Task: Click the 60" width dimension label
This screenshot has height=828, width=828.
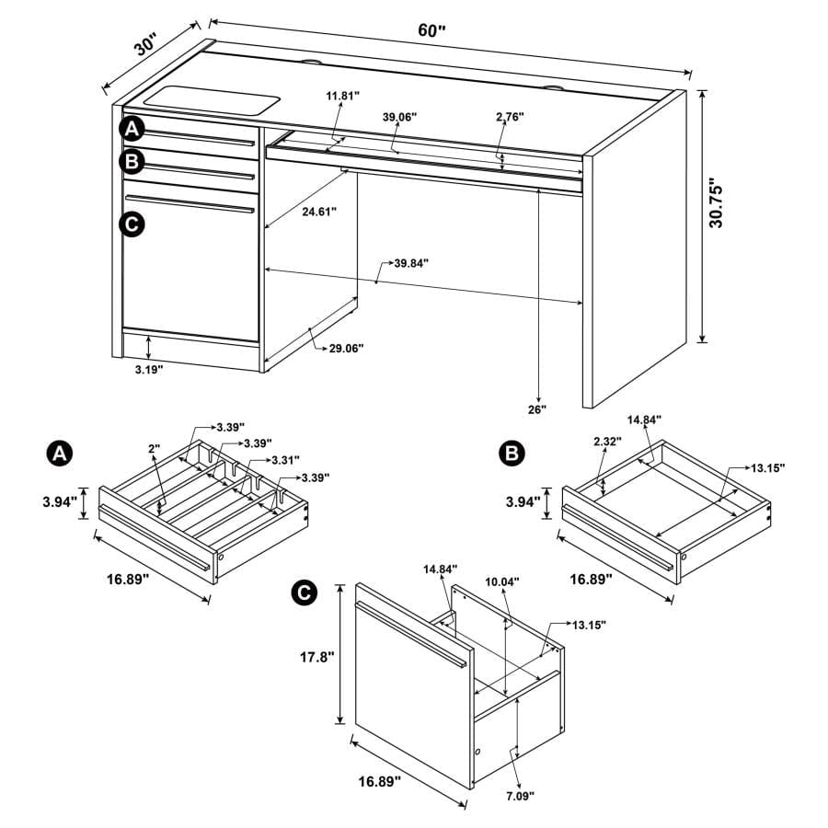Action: [431, 29]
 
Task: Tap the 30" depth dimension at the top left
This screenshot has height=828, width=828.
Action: [146, 46]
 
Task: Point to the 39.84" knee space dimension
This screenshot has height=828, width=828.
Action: [410, 263]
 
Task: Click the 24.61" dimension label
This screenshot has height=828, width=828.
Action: [318, 211]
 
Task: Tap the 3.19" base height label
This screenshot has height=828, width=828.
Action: [144, 369]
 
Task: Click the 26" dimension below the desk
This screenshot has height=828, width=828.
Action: [537, 408]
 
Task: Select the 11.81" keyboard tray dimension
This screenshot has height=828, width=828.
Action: [342, 95]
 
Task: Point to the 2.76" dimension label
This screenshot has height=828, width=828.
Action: [509, 117]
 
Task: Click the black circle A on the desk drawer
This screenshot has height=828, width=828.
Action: [132, 128]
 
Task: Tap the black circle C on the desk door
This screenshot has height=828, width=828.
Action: [132, 223]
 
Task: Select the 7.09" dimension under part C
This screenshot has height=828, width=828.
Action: [519, 795]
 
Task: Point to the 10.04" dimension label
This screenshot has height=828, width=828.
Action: [502, 581]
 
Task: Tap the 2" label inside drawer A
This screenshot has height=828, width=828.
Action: [154, 448]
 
